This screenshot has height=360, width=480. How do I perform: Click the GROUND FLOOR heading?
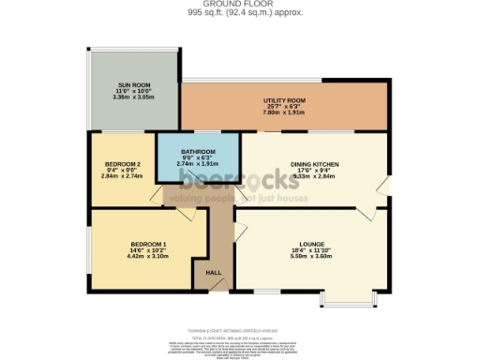tap(239, 5)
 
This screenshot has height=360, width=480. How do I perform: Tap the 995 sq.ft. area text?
tap(239, 13)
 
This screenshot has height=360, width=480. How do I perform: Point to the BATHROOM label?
tap(198, 152)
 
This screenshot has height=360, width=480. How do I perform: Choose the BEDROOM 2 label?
tap(123, 164)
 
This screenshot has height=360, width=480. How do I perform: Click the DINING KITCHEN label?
tap(313, 162)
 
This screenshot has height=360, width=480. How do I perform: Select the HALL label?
tap(213, 272)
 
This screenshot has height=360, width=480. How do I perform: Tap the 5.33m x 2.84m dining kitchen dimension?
tap(313, 175)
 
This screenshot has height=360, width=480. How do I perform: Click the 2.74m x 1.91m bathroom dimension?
tap(198, 164)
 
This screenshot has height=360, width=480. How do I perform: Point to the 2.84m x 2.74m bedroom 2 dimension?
tap(123, 176)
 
